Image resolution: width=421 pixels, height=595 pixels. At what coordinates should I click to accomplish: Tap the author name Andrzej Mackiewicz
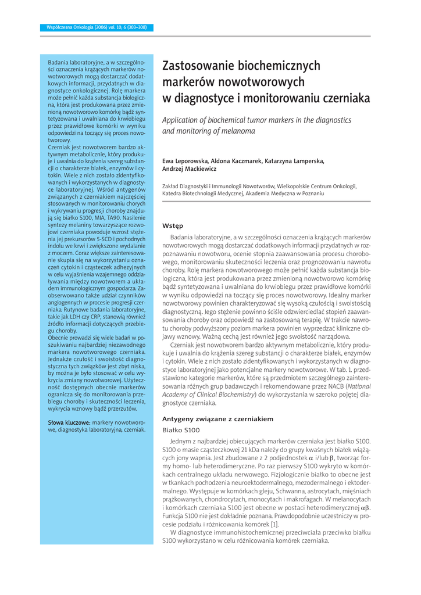click(189, 169)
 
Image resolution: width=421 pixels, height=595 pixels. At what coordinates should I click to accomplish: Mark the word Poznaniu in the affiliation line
click(312, 193)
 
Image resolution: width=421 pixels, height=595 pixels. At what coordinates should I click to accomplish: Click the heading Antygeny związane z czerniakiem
click(217, 418)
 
